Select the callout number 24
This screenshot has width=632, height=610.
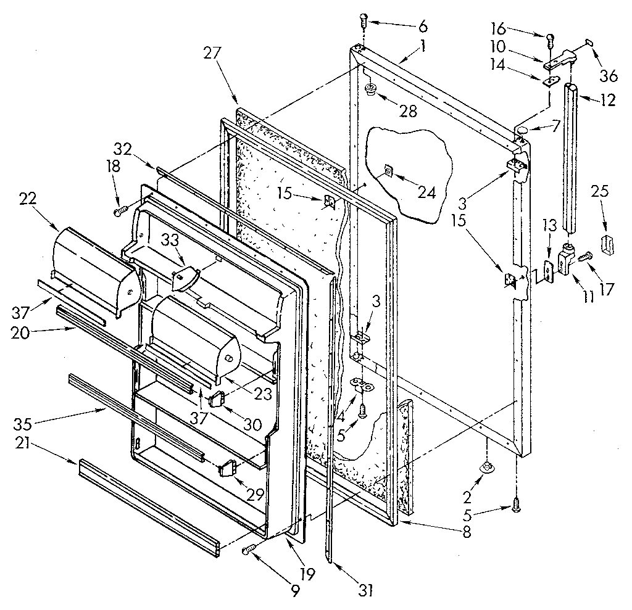point(425,192)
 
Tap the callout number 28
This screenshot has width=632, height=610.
point(408,112)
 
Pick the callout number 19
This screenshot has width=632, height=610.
point(307,574)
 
